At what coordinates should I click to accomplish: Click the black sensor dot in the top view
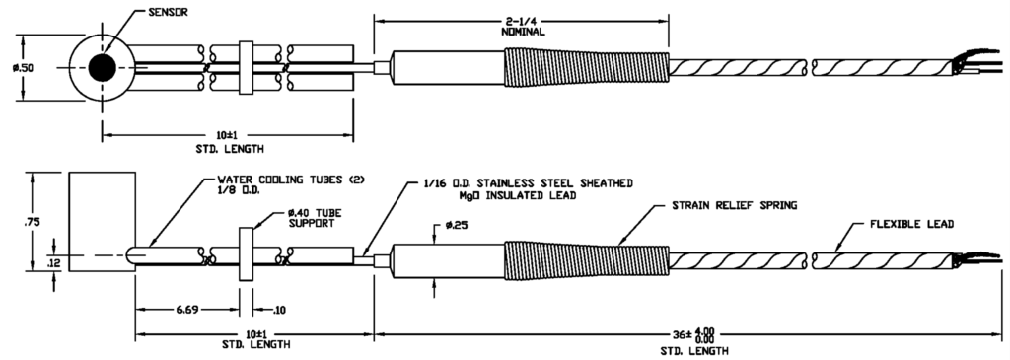(101, 68)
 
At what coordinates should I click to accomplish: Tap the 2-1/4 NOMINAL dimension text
(523, 26)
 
